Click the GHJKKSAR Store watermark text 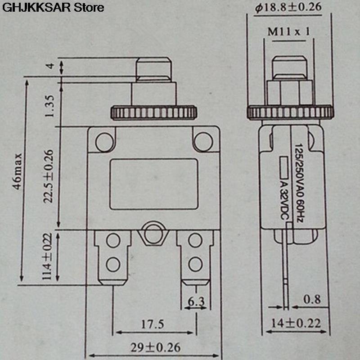click(53, 7)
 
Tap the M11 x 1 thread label click(288, 32)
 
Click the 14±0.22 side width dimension click(297, 322)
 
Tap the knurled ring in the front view click(153, 112)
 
